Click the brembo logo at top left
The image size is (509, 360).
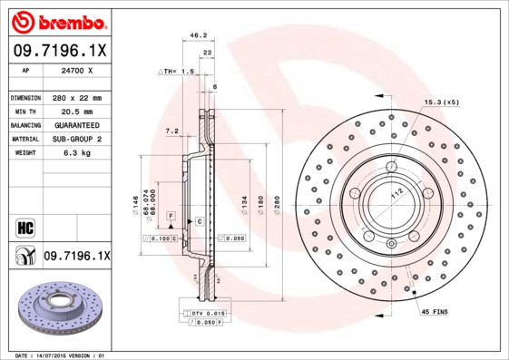click(x=57, y=21)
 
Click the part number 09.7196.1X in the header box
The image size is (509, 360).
click(x=57, y=51)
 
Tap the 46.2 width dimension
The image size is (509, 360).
click(x=193, y=35)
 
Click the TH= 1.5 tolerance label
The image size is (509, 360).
click(x=178, y=71)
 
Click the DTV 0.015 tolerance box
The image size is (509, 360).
click(x=209, y=313)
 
